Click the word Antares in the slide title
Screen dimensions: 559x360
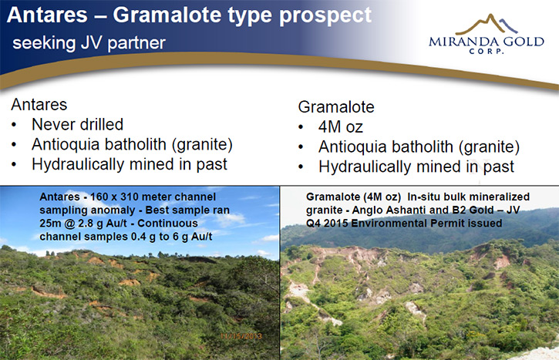click(x=47, y=15)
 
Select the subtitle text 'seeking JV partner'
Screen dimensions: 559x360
click(x=89, y=43)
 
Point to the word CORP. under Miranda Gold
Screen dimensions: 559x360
click(x=487, y=51)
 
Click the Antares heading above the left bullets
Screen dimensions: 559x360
click(x=39, y=105)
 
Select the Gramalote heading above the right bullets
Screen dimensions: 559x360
click(x=336, y=107)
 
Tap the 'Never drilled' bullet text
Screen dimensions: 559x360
click(x=77, y=125)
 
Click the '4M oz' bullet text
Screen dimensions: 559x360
click(x=341, y=127)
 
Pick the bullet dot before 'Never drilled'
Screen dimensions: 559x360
click(x=14, y=125)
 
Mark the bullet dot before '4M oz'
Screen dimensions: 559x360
click(x=301, y=127)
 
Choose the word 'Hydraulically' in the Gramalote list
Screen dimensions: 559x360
click(x=365, y=167)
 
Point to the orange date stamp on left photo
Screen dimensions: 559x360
click(x=241, y=336)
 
